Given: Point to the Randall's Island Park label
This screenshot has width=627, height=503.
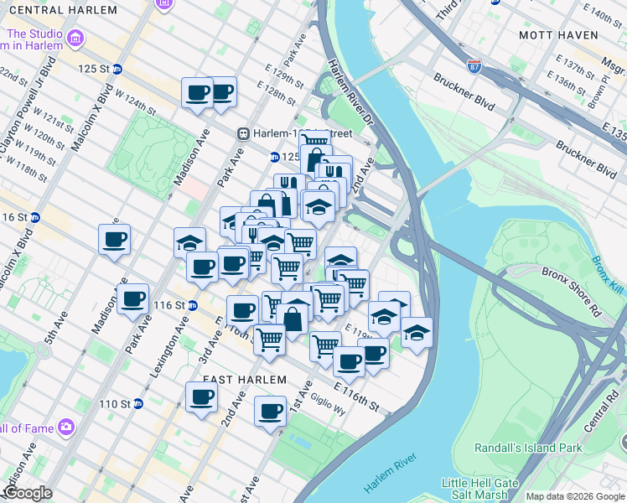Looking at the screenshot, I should pyautogui.click(x=528, y=448).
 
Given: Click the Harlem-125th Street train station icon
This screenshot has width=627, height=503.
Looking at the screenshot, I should pyautogui.click(x=244, y=132).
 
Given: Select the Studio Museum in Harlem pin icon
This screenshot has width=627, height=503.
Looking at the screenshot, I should pyautogui.click(x=76, y=39).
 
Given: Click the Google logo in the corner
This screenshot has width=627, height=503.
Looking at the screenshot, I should pyautogui.click(x=28, y=493).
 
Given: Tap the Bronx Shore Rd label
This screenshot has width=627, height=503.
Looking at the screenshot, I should pyautogui.click(x=573, y=303).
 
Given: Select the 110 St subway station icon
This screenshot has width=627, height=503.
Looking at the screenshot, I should pyautogui.click(x=139, y=404).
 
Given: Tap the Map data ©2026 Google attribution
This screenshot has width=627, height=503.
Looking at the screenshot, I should pyautogui.click(x=575, y=497).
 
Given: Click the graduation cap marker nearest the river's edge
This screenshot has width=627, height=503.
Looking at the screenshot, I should pyautogui.click(x=417, y=333).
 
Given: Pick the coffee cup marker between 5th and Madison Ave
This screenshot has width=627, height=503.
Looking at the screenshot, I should pyautogui.click(x=114, y=240).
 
